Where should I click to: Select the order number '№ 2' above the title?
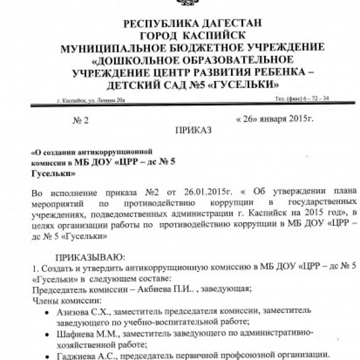coord(81,119)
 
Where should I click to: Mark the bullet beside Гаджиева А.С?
coord(45,354)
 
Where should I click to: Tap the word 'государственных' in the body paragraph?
coord(315,203)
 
